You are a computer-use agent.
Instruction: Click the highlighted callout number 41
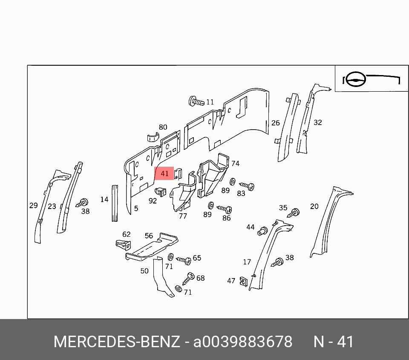[x=164, y=173]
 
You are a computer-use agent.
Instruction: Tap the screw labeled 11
[x=196, y=101]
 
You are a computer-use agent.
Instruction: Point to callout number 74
[x=235, y=163]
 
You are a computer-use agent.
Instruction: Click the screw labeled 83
[x=247, y=186]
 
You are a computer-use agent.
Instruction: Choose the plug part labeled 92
[x=161, y=192]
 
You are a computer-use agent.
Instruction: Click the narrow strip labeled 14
[x=115, y=203]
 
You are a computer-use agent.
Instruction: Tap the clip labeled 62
[x=124, y=244]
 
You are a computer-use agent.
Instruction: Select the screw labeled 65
[x=184, y=260]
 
